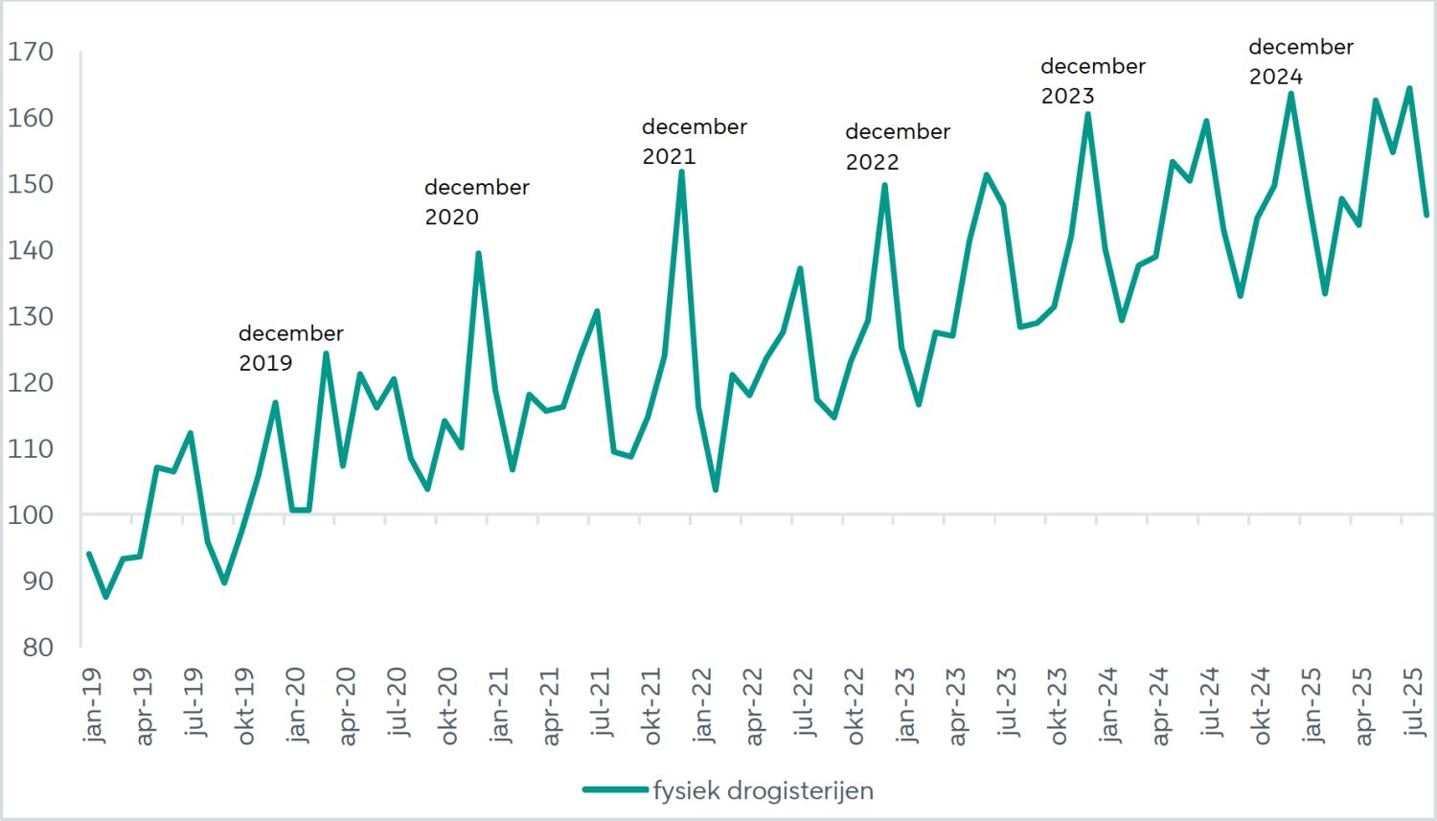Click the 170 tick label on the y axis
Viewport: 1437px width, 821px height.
[x=31, y=52]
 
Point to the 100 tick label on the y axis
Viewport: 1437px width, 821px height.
[x=31, y=514]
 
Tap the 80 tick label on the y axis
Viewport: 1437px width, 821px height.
[x=36, y=647]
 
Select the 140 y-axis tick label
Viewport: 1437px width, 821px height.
[x=31, y=250]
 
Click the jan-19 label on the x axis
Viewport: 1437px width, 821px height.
[x=93, y=706]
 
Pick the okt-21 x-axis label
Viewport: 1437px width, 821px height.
[x=651, y=707]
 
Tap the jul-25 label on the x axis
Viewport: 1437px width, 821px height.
[x=1414, y=703]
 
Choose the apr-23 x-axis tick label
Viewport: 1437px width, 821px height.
[x=956, y=707]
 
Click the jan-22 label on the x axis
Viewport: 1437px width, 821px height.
[x=702, y=706]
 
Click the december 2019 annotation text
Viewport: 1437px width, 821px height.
[x=290, y=348]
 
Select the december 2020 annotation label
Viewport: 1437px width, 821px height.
[x=476, y=201]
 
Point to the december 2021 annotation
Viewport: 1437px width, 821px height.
[x=694, y=141]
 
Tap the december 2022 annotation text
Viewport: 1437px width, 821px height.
[x=897, y=147]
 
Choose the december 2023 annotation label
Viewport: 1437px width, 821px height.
[x=1092, y=80]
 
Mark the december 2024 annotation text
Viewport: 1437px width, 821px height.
[x=1300, y=61]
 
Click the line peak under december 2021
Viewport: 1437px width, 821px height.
[x=681, y=172]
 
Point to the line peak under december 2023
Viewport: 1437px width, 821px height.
[x=1087, y=115]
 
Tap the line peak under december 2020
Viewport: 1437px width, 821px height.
[x=478, y=254]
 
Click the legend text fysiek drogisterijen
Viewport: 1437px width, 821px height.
[x=764, y=791]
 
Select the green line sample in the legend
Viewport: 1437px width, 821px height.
[x=615, y=790]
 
